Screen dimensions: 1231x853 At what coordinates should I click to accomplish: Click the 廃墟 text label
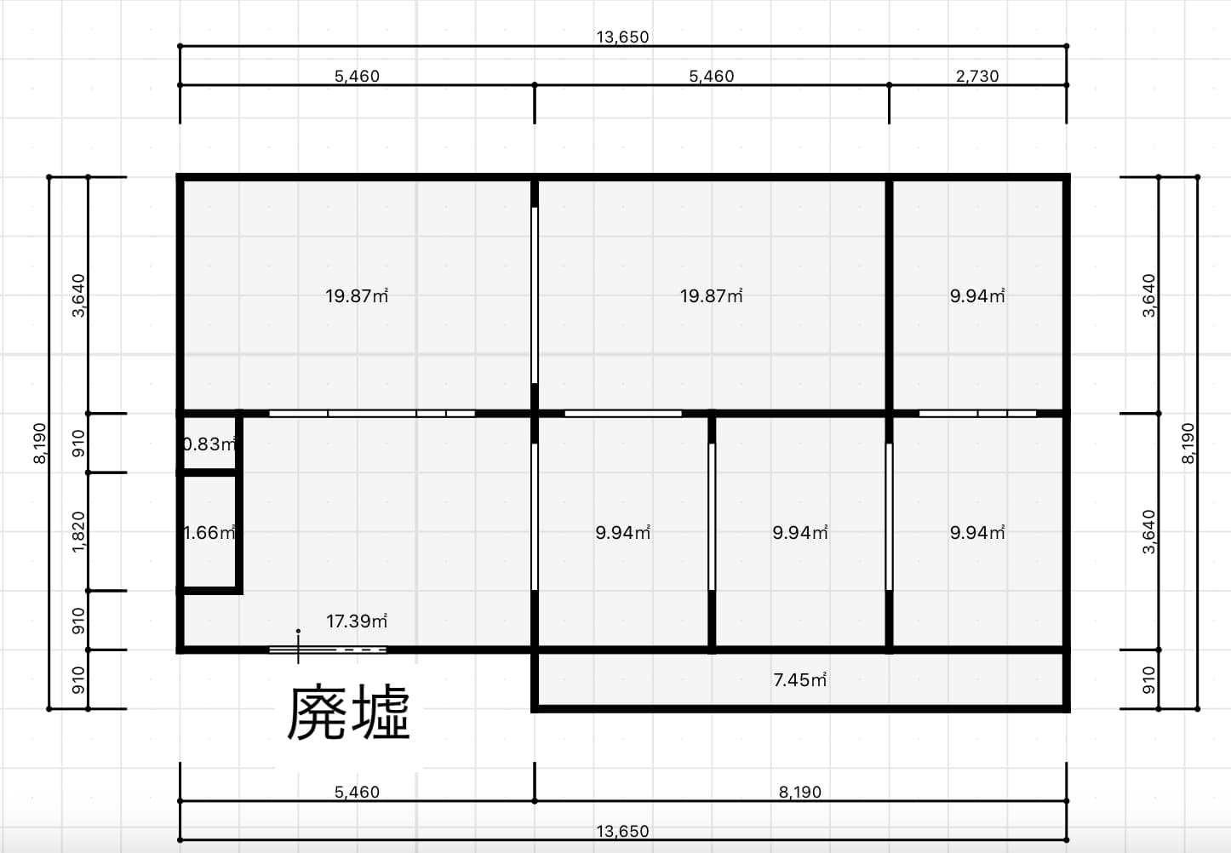click(x=348, y=713)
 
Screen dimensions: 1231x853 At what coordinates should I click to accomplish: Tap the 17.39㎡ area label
click(x=357, y=621)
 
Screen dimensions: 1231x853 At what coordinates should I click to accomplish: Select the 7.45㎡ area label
click(x=799, y=680)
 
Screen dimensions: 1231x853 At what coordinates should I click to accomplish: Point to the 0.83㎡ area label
click(x=209, y=444)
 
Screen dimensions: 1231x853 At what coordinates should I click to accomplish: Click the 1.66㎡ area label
click(x=209, y=533)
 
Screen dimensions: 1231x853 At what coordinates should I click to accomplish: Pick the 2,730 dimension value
click(x=977, y=76)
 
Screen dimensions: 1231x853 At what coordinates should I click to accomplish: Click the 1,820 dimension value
click(x=78, y=531)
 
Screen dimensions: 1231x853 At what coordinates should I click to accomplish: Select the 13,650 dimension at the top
click(x=622, y=37)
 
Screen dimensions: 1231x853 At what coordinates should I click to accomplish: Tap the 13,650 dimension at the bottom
click(x=622, y=831)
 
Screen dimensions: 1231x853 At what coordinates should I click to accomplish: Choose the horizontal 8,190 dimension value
click(x=799, y=792)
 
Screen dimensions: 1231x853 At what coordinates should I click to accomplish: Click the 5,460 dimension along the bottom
click(x=357, y=792)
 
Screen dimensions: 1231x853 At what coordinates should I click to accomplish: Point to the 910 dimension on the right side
click(x=1149, y=680)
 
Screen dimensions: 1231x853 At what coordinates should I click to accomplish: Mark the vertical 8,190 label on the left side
click(x=39, y=443)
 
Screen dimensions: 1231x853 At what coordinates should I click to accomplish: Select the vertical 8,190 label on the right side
click(x=1188, y=443)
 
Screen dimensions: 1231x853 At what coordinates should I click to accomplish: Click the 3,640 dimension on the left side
click(x=78, y=295)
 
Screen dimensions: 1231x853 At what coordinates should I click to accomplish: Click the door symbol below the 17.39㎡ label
click(x=328, y=650)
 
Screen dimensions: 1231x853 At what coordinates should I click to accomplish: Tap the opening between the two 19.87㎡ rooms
click(x=535, y=295)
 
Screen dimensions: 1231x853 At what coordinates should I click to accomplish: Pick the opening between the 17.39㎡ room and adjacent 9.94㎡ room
click(x=535, y=517)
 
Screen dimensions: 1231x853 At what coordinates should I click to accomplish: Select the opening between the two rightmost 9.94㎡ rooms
click(x=889, y=517)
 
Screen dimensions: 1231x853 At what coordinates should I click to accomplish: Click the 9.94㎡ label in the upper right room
click(x=977, y=295)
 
